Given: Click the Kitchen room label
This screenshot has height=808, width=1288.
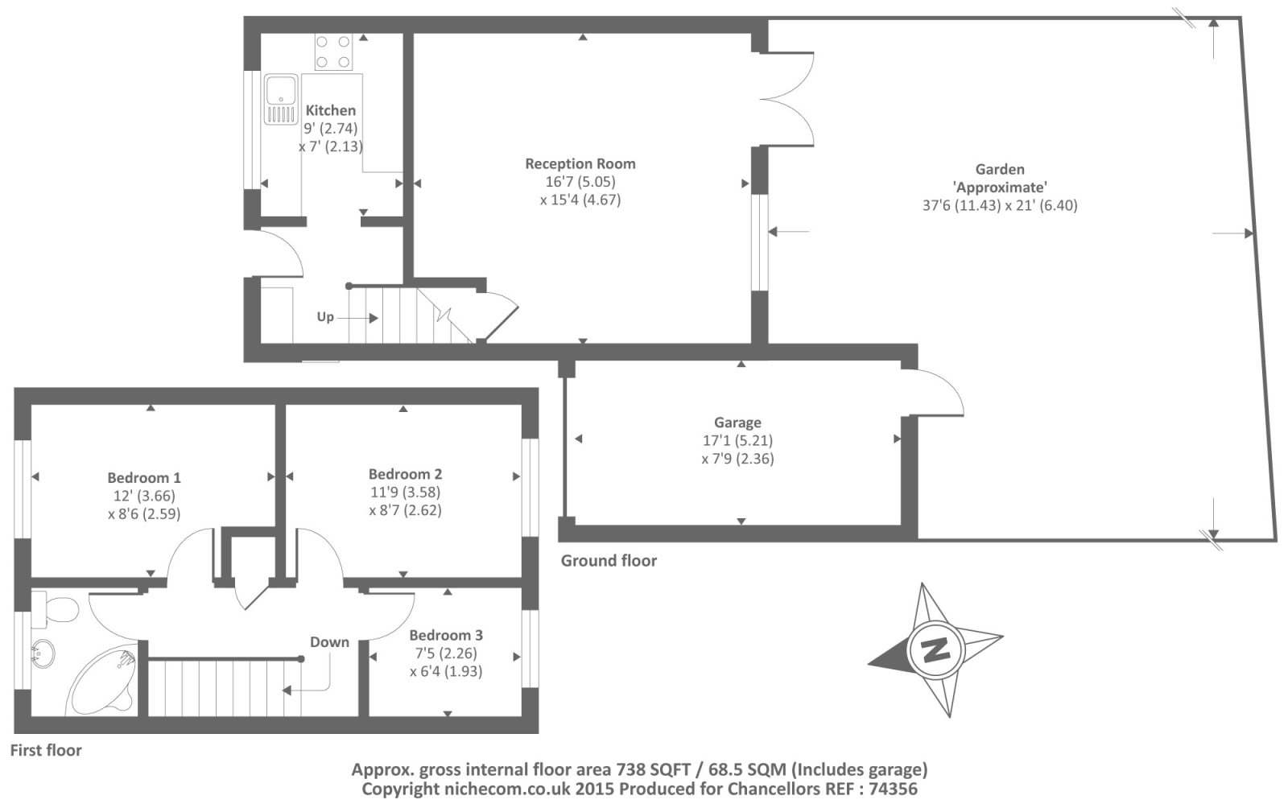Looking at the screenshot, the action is point(331,109).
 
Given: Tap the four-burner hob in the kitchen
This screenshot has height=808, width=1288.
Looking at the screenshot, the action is point(333,52).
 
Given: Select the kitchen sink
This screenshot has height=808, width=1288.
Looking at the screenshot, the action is point(281,100).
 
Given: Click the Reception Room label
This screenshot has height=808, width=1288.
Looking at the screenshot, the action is point(580,164).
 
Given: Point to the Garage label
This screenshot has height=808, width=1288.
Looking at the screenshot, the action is point(737,423).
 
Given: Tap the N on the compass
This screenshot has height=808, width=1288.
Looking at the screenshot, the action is point(935,650).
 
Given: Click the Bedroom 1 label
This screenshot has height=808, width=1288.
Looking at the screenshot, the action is point(144,477).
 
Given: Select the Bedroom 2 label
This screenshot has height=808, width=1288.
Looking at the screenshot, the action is point(406,474).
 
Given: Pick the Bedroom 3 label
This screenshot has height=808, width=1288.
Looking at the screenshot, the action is point(446,635).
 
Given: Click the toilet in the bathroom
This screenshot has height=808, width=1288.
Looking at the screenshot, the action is point(56,609).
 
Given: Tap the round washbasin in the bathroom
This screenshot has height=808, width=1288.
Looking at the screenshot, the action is point(43,654).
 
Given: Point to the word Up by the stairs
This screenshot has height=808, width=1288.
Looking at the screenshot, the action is point(325,317).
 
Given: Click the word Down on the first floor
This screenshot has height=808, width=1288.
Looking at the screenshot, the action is point(329,642).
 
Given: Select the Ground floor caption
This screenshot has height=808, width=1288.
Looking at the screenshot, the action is point(609,561).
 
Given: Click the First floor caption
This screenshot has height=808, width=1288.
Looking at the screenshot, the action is point(46,751).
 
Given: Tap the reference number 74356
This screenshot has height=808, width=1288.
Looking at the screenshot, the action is point(893,789).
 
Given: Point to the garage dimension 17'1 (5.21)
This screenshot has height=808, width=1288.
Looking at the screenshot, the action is point(737,441).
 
